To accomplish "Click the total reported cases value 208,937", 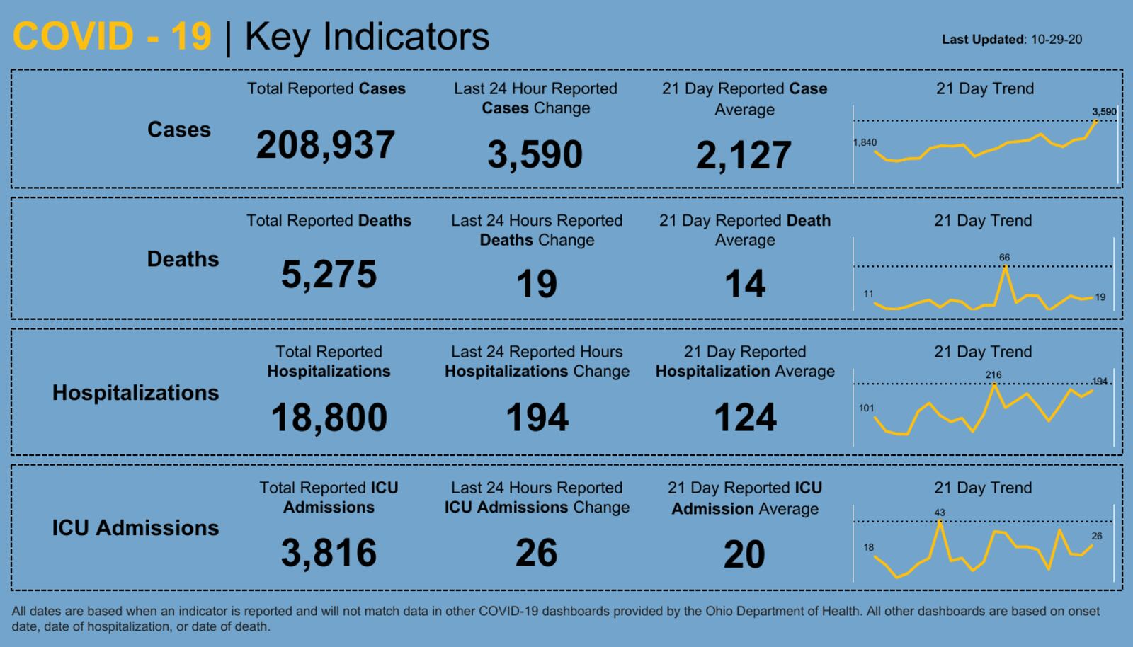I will coord(326,144).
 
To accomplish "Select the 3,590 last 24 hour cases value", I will coord(535,154).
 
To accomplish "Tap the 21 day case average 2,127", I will coord(744,155).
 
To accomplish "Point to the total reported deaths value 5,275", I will coord(329,274).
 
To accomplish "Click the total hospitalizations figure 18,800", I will coord(329,417).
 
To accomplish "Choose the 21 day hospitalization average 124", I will coord(745,417).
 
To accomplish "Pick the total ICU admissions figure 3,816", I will coord(329,552).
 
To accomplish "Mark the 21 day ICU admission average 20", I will coord(744,554).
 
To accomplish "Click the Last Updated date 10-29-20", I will coord(1056,40).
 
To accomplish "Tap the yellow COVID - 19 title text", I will coord(112,36).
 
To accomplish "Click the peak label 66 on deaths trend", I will coord(1004,258).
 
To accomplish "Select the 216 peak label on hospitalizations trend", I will coord(993,375).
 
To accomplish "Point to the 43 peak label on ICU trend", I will coord(939,513).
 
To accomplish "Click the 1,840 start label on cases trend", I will coord(865,142).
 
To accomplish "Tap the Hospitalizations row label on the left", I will coord(135,392).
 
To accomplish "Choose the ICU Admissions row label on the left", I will coord(135,527).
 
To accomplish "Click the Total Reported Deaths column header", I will coord(329,221).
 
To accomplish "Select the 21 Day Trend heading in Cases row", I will coord(984,88).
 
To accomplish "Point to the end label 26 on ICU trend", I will coord(1096,536).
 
